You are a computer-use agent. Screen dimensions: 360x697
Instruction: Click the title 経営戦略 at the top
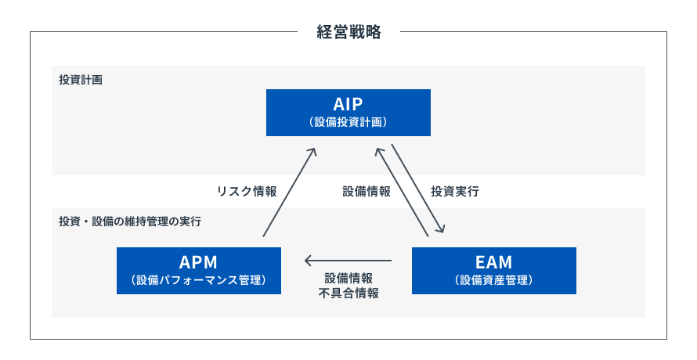click(348, 32)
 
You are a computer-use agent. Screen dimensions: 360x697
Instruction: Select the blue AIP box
click(348, 113)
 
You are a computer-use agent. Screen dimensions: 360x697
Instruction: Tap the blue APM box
click(198, 271)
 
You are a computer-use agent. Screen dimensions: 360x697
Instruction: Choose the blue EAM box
click(493, 271)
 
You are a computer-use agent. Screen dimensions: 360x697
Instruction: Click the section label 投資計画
click(81, 80)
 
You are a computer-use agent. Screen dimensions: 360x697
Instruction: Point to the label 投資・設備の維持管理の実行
click(130, 221)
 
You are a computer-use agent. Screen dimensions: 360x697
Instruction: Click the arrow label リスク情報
click(246, 191)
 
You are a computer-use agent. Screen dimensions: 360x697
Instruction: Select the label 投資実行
click(455, 191)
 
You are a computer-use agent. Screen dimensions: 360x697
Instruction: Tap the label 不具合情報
click(348, 293)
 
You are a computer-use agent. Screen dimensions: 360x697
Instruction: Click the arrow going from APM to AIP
click(289, 193)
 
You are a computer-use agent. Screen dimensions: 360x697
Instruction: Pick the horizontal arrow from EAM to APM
click(348, 260)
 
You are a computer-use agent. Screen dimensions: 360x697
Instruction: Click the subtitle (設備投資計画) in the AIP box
click(348, 122)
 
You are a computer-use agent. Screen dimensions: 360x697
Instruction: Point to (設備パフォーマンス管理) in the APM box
click(198, 280)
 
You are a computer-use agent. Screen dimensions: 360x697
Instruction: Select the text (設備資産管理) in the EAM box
click(493, 280)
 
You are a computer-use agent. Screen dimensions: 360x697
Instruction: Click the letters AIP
click(348, 104)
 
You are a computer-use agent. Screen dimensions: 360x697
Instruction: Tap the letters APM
click(198, 261)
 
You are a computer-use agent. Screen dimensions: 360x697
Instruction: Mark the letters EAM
click(493, 261)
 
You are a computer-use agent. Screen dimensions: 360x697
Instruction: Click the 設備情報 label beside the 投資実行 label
click(366, 191)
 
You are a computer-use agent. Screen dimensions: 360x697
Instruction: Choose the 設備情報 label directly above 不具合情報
click(348, 278)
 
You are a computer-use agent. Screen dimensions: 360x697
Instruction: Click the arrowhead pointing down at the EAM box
click(441, 229)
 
